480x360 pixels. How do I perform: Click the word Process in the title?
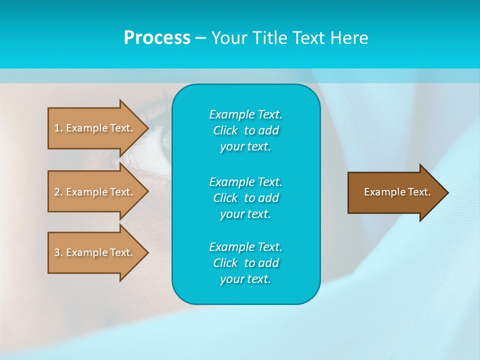[157, 38]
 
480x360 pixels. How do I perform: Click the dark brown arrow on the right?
[395, 192]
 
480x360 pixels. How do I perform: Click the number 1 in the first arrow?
[57, 128]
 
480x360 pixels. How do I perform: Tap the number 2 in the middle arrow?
[57, 192]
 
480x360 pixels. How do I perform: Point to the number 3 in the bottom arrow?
[57, 252]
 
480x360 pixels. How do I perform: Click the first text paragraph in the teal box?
[245, 130]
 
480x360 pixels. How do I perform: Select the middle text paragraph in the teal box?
[245, 197]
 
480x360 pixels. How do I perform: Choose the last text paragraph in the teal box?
[245, 263]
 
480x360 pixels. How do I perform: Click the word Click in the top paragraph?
[225, 130]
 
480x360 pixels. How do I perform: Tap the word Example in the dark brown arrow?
[381, 192]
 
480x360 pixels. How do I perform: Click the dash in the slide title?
[200, 38]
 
